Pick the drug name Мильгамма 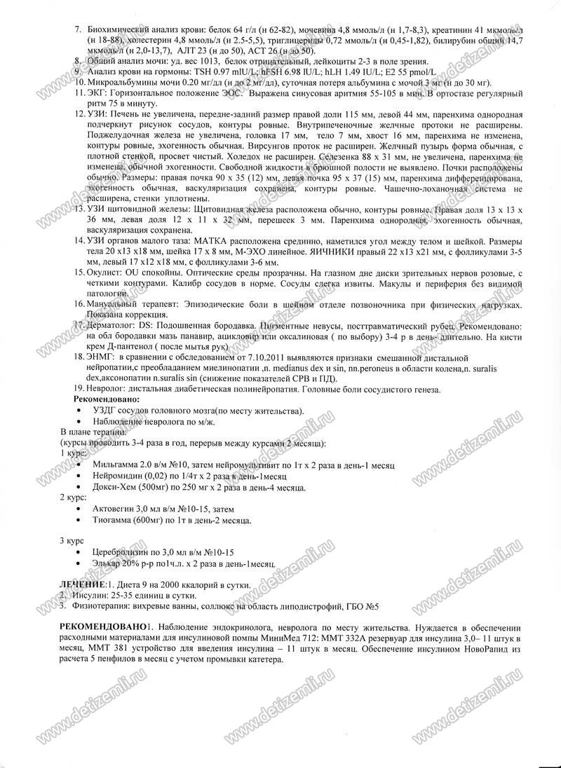[x=116, y=465]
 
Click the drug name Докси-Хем [x=115, y=486]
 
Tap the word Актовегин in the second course [x=115, y=508]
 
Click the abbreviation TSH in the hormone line [x=201, y=72]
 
